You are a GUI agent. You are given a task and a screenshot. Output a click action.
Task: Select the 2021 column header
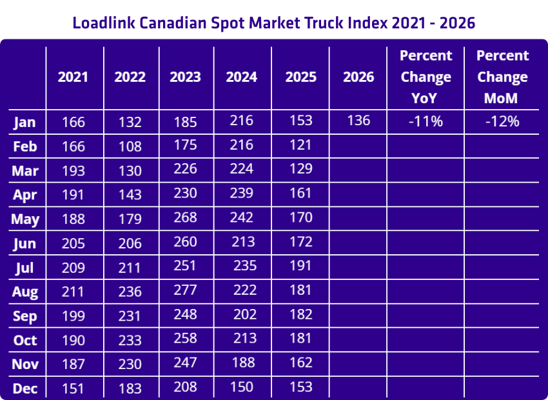[x=73, y=77]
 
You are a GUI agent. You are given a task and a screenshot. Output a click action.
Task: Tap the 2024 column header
[x=242, y=77]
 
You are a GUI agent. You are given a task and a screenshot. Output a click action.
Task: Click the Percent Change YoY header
[x=426, y=77]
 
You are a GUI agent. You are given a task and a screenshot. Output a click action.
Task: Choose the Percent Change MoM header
[x=502, y=77]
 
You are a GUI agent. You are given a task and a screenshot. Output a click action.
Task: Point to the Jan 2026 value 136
[x=358, y=121]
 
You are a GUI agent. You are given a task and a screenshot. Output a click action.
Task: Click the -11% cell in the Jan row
[x=426, y=121]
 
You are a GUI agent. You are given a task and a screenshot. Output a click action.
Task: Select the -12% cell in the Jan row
[x=502, y=121]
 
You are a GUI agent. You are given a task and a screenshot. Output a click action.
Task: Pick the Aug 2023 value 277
[x=185, y=291]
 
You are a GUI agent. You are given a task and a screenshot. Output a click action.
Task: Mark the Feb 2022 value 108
[x=130, y=146]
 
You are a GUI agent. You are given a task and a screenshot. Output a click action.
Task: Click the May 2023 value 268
[x=185, y=217]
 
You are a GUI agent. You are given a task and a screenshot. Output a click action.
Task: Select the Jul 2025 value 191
[x=300, y=265]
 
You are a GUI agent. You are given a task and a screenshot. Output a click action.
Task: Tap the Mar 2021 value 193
[x=73, y=171]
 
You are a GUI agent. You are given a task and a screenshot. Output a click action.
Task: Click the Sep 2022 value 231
[x=130, y=316]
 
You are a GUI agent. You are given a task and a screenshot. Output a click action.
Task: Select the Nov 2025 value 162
[x=300, y=363]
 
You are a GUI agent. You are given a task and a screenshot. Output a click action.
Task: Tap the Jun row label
[x=25, y=244]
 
